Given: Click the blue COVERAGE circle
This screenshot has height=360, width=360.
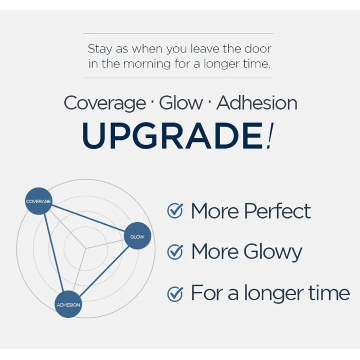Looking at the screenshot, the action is [39, 201].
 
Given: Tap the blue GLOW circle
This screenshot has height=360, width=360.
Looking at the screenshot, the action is [137, 236].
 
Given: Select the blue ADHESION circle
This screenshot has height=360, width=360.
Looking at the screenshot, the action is [68, 304].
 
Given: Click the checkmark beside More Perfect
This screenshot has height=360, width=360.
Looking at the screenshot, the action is [175, 211].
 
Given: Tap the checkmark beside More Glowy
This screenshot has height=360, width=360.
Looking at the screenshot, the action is [175, 251].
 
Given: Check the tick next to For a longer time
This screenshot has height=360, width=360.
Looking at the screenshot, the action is [175, 294].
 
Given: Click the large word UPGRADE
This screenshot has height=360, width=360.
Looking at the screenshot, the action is [172, 136].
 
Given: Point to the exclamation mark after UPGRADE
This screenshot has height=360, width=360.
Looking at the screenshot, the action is [269, 136].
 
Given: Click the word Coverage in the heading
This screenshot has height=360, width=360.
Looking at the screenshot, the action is [105, 103].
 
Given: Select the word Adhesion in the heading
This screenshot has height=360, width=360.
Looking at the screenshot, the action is [257, 103].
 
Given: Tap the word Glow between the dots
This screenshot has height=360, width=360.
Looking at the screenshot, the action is [181, 103].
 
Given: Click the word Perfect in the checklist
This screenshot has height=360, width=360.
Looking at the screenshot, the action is [277, 211].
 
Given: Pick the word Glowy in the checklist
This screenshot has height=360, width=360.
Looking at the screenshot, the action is [273, 253].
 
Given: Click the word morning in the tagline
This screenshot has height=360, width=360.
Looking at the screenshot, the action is [147, 64].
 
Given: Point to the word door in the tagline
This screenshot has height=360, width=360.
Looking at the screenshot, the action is [258, 49].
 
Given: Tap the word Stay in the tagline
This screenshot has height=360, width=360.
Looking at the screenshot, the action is [100, 49].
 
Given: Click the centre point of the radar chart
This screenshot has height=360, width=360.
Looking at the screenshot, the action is [86, 248].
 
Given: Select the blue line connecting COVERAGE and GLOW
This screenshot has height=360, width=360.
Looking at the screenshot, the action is [88, 219].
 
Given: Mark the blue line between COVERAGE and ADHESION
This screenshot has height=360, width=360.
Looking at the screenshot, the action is [53, 253].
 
